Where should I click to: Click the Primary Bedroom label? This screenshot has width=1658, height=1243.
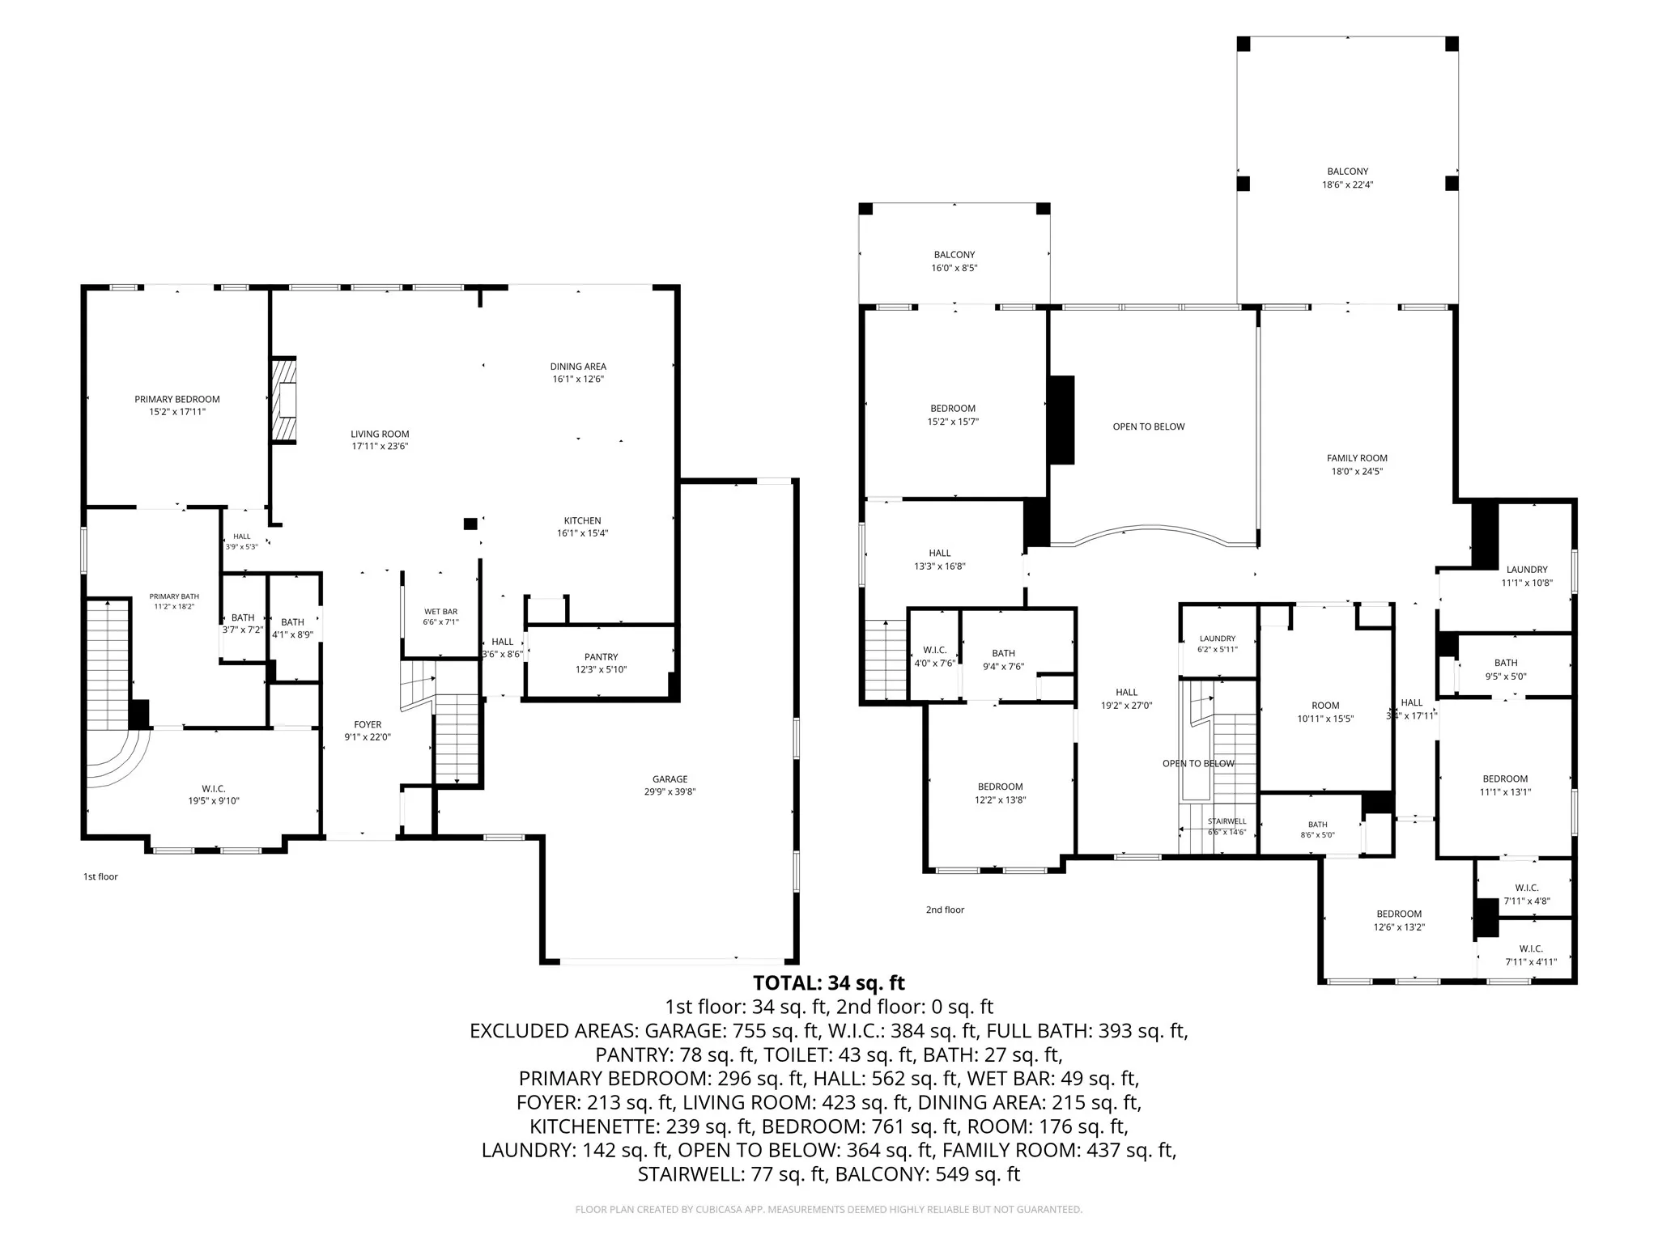[177, 399]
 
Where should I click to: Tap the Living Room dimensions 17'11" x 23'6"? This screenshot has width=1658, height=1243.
[380, 446]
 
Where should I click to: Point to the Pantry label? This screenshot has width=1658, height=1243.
[601, 657]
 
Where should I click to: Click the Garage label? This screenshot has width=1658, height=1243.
[670, 779]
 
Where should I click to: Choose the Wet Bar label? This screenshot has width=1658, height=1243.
[440, 612]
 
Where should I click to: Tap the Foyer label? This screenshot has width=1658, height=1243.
[368, 725]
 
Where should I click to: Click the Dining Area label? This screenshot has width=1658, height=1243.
[578, 367]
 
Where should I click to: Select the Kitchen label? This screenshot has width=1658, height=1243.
[583, 520]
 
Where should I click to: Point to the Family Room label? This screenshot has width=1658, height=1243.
[1357, 458]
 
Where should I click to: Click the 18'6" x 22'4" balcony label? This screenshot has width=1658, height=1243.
[1348, 178]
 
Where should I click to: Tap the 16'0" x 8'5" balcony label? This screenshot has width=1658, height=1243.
[954, 261]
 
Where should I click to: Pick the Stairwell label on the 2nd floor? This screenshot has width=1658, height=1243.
[1227, 821]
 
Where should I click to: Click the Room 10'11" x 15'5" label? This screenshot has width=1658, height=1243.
[1325, 712]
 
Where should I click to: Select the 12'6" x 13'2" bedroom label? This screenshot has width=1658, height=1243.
[1399, 921]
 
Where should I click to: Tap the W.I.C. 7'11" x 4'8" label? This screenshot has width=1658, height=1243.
[1527, 894]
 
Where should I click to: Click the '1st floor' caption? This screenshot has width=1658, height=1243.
[100, 876]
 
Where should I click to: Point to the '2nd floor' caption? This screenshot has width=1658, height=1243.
[945, 910]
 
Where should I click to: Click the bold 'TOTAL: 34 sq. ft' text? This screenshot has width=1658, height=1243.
[829, 983]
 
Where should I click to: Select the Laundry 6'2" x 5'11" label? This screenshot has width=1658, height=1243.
[1218, 644]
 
